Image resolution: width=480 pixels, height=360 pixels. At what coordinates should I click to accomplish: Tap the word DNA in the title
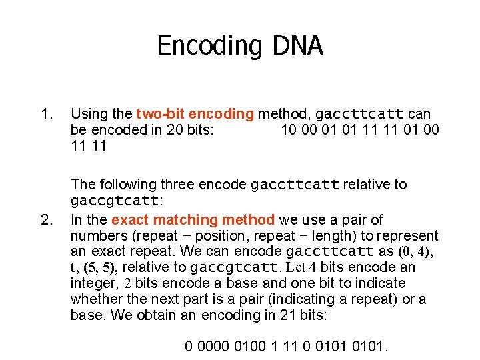tap(297, 46)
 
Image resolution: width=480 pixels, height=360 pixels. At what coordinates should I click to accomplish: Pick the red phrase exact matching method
tap(193, 219)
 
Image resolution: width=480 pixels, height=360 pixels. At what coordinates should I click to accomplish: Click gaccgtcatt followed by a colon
tap(114, 201)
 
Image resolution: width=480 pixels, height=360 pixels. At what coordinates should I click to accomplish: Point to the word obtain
tap(138, 315)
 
